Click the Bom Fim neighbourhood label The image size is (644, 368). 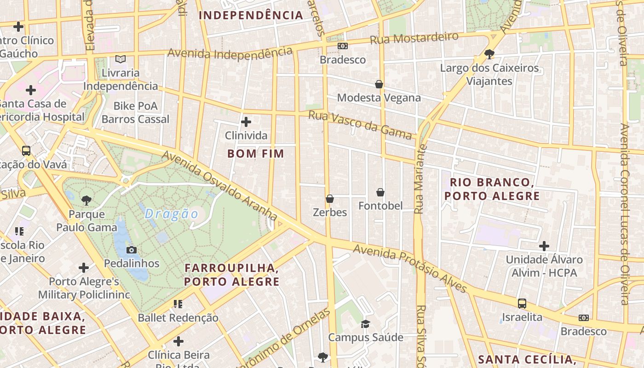coord(256,154)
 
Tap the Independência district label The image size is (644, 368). coord(251,15)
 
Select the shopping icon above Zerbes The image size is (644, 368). coord(330,199)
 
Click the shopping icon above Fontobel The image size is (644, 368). coord(380,192)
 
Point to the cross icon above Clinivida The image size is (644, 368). coord(246,122)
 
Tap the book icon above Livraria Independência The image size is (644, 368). coord(121,59)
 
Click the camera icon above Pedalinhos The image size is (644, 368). coord(132,250)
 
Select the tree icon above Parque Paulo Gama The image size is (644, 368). coord(86,200)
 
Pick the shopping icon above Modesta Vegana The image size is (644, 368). coord(379,84)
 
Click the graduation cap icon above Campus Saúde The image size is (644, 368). coord(365,324)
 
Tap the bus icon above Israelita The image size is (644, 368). coord(522,304)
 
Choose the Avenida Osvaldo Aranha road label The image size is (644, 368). coord(220,186)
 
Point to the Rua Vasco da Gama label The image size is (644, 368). coord(360,125)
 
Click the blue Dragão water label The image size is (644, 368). coord(172,214)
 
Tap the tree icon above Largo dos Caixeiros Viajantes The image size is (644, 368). coord(489,54)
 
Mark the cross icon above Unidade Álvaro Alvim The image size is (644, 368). coord(544,246)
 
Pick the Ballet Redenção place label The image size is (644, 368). coord(178,317)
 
